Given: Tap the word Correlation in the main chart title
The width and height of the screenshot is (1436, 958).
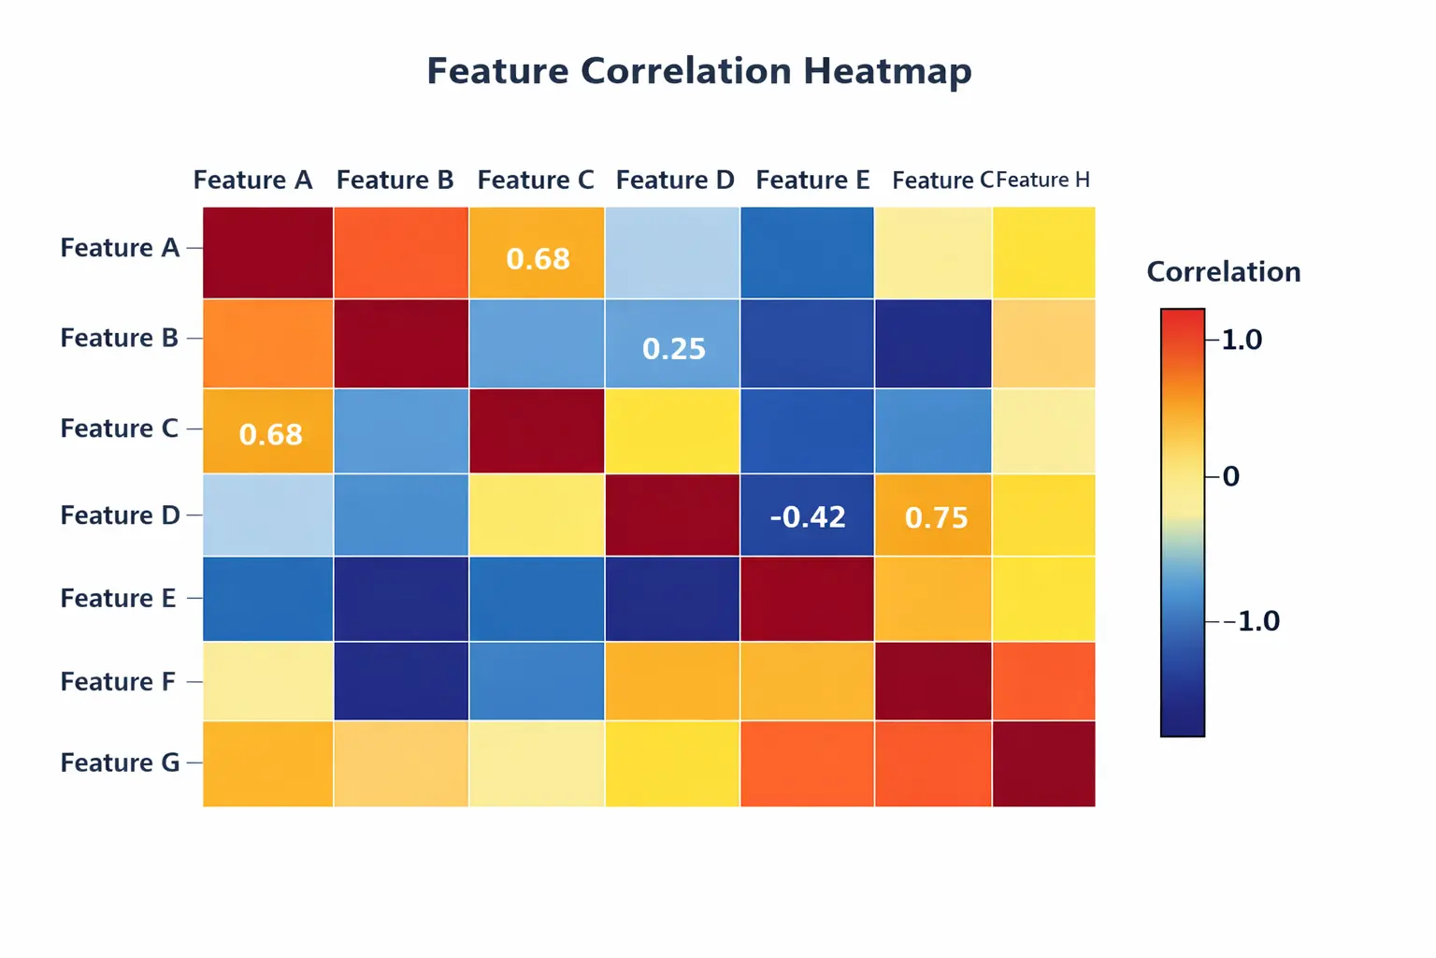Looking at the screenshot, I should tap(686, 72).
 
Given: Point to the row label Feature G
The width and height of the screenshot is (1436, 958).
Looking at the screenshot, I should tap(120, 763).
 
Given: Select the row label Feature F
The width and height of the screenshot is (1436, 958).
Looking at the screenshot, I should tap(118, 682).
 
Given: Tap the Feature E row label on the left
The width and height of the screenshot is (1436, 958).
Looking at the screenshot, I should tap(118, 599).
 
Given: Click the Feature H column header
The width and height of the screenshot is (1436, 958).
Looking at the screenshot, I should tap(1043, 180).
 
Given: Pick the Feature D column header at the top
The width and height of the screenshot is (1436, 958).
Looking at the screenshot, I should tap(675, 180).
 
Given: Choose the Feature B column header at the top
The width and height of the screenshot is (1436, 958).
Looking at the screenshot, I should tap(395, 180).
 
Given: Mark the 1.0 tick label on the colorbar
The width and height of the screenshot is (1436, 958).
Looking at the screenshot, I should tap(1242, 340).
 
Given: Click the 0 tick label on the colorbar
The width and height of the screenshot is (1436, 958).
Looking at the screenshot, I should tap(1231, 477).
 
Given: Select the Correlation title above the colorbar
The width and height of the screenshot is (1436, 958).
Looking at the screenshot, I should tap(1223, 272).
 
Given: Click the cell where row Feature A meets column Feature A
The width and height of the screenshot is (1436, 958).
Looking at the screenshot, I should tap(268, 254).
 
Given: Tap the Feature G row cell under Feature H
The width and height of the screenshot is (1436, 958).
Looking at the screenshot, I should tap(1043, 763).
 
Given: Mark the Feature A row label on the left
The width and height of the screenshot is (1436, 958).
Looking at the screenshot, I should tap(120, 248).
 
